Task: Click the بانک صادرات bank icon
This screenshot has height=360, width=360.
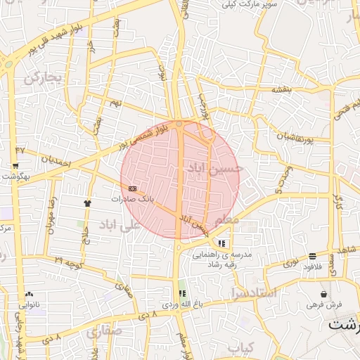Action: click(x=133, y=188)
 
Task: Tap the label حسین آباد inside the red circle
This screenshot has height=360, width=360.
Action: click(x=214, y=169)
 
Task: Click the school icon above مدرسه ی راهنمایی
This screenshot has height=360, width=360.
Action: click(x=222, y=244)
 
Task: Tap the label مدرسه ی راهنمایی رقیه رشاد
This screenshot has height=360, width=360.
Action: click(x=222, y=259)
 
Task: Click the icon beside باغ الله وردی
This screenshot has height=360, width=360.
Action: click(x=183, y=293)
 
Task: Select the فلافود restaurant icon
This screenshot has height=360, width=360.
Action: click(x=312, y=256)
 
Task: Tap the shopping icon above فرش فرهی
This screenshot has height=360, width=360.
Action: click(x=323, y=293)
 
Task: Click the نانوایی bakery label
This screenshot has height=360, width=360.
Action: click(x=29, y=305)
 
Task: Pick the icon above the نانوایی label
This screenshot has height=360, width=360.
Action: click(x=29, y=294)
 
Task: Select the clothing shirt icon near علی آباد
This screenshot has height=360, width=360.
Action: click(x=87, y=202)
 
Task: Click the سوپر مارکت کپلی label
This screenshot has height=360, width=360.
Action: click(x=250, y=5)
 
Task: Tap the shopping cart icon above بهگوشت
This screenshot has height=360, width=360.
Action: click(x=15, y=167)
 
